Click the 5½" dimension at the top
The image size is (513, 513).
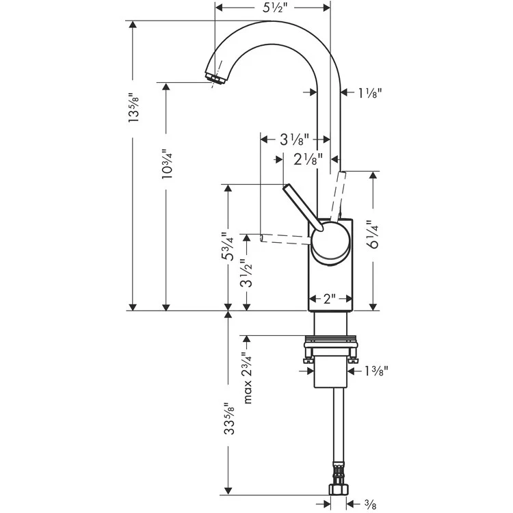pos(273,10)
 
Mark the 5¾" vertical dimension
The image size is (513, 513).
pos(228,247)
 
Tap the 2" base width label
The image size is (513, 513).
pos(331,299)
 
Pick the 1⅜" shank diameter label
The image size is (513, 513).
pos(376,371)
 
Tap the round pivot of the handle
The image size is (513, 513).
pos(330,244)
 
